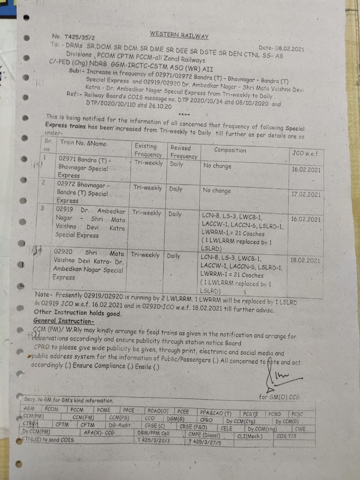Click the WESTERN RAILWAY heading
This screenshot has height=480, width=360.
179,35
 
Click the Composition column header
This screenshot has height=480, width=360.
230,150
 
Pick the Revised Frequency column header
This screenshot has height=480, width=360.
183,152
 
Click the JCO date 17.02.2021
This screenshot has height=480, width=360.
306,194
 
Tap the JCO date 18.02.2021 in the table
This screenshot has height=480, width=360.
305,260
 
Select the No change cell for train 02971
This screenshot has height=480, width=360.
217,166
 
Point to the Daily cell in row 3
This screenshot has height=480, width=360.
175,214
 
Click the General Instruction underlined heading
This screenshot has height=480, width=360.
64,321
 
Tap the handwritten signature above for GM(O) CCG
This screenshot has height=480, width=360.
277,375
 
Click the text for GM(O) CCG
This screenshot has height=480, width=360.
279,397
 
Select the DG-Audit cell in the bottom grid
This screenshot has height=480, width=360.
120,425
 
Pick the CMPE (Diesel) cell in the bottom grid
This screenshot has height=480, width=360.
204,435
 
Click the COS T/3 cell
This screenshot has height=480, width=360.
286,436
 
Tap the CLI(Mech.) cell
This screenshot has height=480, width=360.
250,436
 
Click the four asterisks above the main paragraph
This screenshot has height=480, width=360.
184,114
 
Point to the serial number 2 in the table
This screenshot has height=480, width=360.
43,183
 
